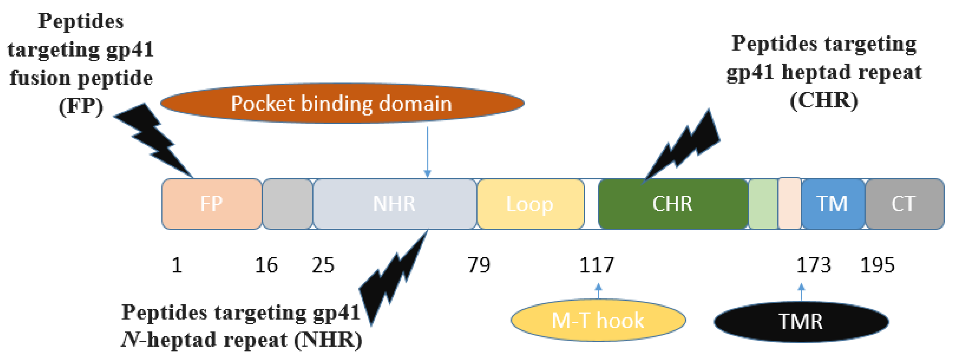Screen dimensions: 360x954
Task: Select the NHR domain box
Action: pos(395,204)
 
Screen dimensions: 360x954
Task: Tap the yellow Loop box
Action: pos(530,204)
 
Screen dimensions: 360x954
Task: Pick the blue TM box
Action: pos(832,204)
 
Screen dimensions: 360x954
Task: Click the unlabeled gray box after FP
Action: pos(287,204)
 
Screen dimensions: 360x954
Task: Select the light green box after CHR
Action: pos(763,204)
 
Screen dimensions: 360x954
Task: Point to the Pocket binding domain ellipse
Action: pos(341,103)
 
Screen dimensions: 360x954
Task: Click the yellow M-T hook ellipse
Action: pos(598,320)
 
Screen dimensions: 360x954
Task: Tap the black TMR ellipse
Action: pos(801,321)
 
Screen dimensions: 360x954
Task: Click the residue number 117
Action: pos(596,265)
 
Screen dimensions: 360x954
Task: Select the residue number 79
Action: pos(478,265)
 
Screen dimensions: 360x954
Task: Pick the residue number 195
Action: pos(877,265)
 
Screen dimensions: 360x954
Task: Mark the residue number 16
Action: pos(266,265)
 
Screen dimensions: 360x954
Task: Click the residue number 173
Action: pos(813,265)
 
